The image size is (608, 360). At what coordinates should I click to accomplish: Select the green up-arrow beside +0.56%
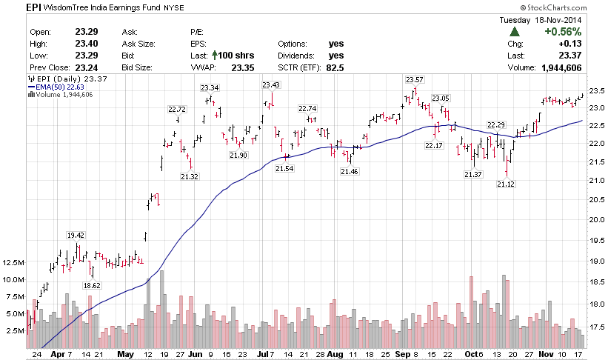[514, 32]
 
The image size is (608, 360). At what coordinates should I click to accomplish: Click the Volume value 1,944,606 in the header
[557, 67]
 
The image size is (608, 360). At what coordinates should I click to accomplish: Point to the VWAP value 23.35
[242, 67]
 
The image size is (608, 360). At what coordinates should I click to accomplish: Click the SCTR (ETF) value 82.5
[336, 67]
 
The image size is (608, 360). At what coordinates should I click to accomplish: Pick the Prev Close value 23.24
[87, 67]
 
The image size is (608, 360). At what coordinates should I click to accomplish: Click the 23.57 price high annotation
[414, 79]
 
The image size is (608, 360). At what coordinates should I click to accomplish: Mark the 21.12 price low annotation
[507, 184]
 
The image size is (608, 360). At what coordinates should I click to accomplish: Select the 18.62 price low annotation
[92, 285]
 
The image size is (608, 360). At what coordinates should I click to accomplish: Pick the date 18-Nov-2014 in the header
[557, 20]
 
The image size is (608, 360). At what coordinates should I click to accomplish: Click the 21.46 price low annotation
[350, 171]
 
